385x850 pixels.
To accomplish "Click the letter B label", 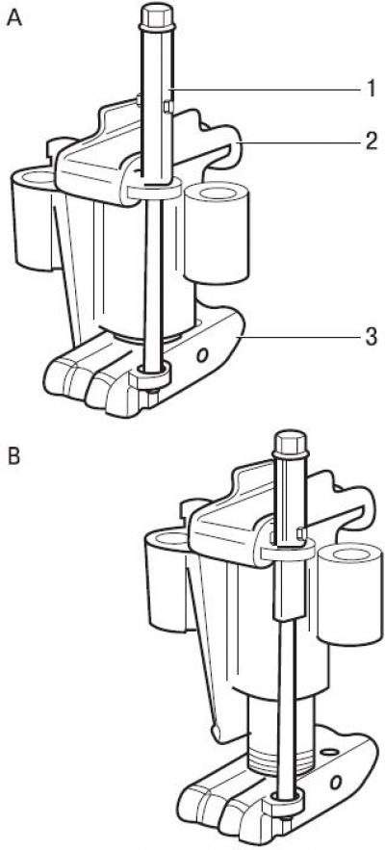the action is click(13, 456).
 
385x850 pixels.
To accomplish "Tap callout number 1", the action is click(371, 89).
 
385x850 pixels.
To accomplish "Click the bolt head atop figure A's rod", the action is click(157, 15).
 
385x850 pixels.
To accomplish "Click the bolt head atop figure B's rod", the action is click(292, 443).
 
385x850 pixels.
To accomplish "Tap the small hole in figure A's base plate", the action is click(203, 355).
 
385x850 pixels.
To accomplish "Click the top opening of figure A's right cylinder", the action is click(217, 193).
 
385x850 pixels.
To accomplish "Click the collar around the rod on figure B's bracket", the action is click(288, 552).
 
